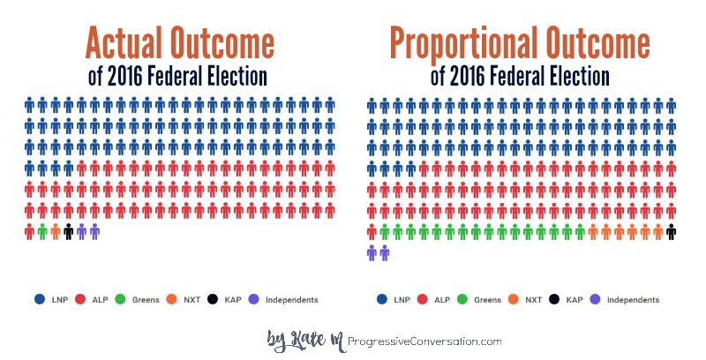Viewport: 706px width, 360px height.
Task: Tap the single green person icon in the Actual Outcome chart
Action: tap(42, 232)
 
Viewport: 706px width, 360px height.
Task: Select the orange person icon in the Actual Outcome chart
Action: tap(56, 232)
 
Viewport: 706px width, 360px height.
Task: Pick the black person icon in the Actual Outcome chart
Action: tap(69, 232)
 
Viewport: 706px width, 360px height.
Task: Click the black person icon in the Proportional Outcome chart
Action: tap(672, 232)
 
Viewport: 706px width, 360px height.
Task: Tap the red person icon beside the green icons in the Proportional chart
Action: tap(372, 232)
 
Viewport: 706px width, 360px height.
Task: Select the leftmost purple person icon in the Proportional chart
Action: tap(372, 253)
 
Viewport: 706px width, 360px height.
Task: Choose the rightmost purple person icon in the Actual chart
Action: tap(94, 232)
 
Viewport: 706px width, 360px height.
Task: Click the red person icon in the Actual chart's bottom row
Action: tap(29, 232)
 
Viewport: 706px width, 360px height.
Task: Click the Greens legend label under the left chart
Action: tap(146, 300)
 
